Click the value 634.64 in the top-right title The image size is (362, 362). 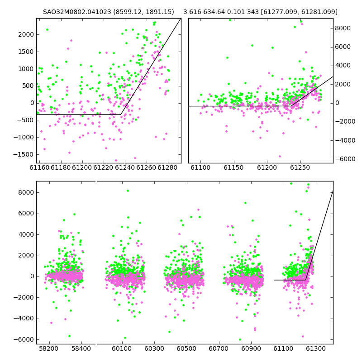point(214,12)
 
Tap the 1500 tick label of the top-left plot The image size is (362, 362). point(26,52)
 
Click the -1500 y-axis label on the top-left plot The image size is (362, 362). point(24,154)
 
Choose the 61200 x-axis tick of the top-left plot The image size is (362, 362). point(82,167)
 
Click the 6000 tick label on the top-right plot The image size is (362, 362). point(343,47)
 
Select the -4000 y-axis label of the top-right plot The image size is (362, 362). point(345,140)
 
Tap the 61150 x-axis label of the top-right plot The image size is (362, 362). point(233,167)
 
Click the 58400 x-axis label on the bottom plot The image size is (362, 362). point(81,348)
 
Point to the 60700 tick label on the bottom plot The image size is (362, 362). point(219,348)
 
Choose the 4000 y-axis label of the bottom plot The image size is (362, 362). point(26,234)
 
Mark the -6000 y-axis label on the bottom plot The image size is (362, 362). point(24,340)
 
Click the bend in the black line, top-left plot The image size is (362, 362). point(121,114)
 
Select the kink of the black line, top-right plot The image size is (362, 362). point(291,106)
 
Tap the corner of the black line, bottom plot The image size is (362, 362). point(305,280)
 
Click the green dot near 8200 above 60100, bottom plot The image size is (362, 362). point(128,191)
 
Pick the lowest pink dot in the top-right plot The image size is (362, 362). point(280,156)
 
